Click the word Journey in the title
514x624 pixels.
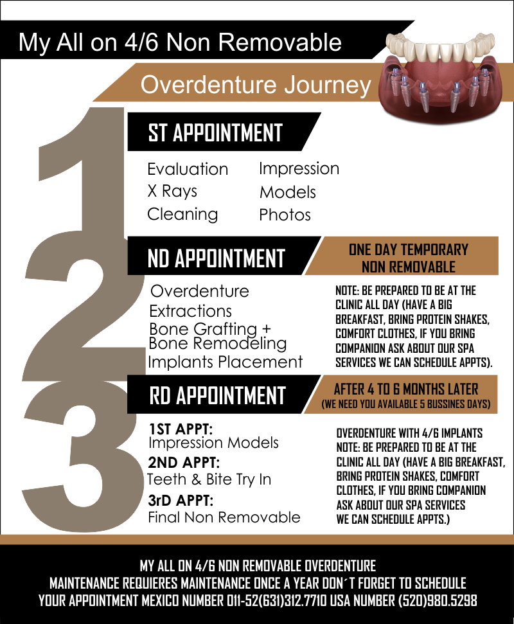click(x=328, y=85)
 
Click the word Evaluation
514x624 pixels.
click(x=188, y=169)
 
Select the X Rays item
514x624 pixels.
click(x=172, y=192)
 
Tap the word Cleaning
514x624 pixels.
click(x=182, y=215)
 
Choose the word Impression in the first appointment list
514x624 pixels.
click(x=299, y=169)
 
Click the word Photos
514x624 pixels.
click(x=285, y=215)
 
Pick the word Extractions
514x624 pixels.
click(x=190, y=311)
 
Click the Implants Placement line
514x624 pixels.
click(x=225, y=362)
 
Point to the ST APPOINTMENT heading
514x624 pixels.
click(x=215, y=132)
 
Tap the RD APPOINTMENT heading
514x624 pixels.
click(x=218, y=395)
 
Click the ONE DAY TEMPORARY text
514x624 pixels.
click(x=408, y=249)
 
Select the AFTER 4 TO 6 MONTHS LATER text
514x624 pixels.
click(x=406, y=389)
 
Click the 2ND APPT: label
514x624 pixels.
click(x=184, y=463)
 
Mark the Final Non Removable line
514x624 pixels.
click(x=224, y=517)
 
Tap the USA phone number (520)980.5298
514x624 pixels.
click(x=438, y=600)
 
